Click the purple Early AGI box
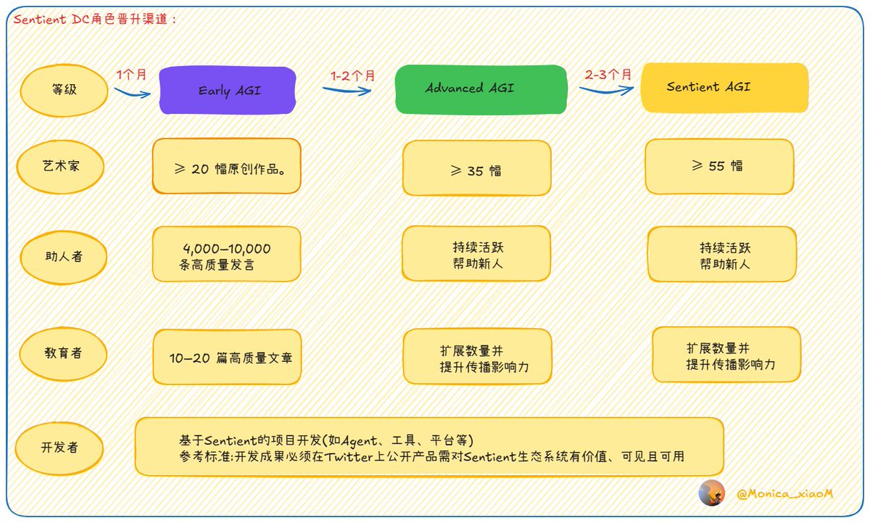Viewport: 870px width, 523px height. point(228,90)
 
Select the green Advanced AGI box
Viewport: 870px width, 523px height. point(481,89)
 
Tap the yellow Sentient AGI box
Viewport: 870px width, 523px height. point(724,88)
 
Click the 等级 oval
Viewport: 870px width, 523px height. point(64,90)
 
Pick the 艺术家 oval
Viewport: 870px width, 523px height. point(60,167)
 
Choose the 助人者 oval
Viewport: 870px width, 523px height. point(64,258)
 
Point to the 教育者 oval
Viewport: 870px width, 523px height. point(63,353)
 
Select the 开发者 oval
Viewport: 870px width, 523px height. point(59,448)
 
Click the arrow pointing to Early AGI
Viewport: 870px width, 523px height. point(133,94)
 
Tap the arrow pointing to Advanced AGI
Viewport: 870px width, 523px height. point(347,91)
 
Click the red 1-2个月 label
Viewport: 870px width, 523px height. point(352,75)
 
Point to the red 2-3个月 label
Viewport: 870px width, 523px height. point(608,74)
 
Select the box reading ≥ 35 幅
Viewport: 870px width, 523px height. point(476,168)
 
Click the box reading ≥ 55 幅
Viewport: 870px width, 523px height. point(719,166)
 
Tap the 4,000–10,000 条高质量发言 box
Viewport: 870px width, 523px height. point(227,254)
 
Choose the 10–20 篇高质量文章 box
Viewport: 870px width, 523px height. point(227,357)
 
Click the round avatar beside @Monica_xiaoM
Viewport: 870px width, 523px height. point(711,493)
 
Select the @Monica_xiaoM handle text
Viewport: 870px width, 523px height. point(784,493)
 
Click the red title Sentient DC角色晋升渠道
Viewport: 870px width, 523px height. point(94,19)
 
